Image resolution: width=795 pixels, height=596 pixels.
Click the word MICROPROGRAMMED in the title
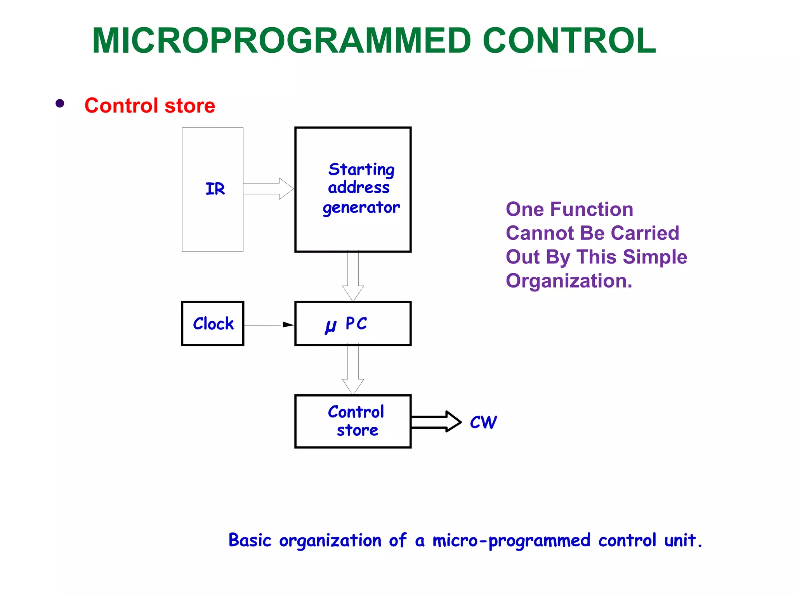281,41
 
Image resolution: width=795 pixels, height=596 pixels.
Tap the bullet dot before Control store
60,103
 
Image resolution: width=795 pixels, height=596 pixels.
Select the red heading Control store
150,106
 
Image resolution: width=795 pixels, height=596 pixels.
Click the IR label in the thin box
215,189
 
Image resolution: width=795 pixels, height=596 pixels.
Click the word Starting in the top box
361,170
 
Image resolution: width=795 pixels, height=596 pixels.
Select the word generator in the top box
361,208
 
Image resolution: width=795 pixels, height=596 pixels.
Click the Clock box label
213,324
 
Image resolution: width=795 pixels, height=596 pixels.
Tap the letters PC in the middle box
356,323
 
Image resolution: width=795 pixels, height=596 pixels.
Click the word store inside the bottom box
357,430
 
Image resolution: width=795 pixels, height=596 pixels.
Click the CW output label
483,422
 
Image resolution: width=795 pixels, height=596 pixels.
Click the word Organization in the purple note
569,281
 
